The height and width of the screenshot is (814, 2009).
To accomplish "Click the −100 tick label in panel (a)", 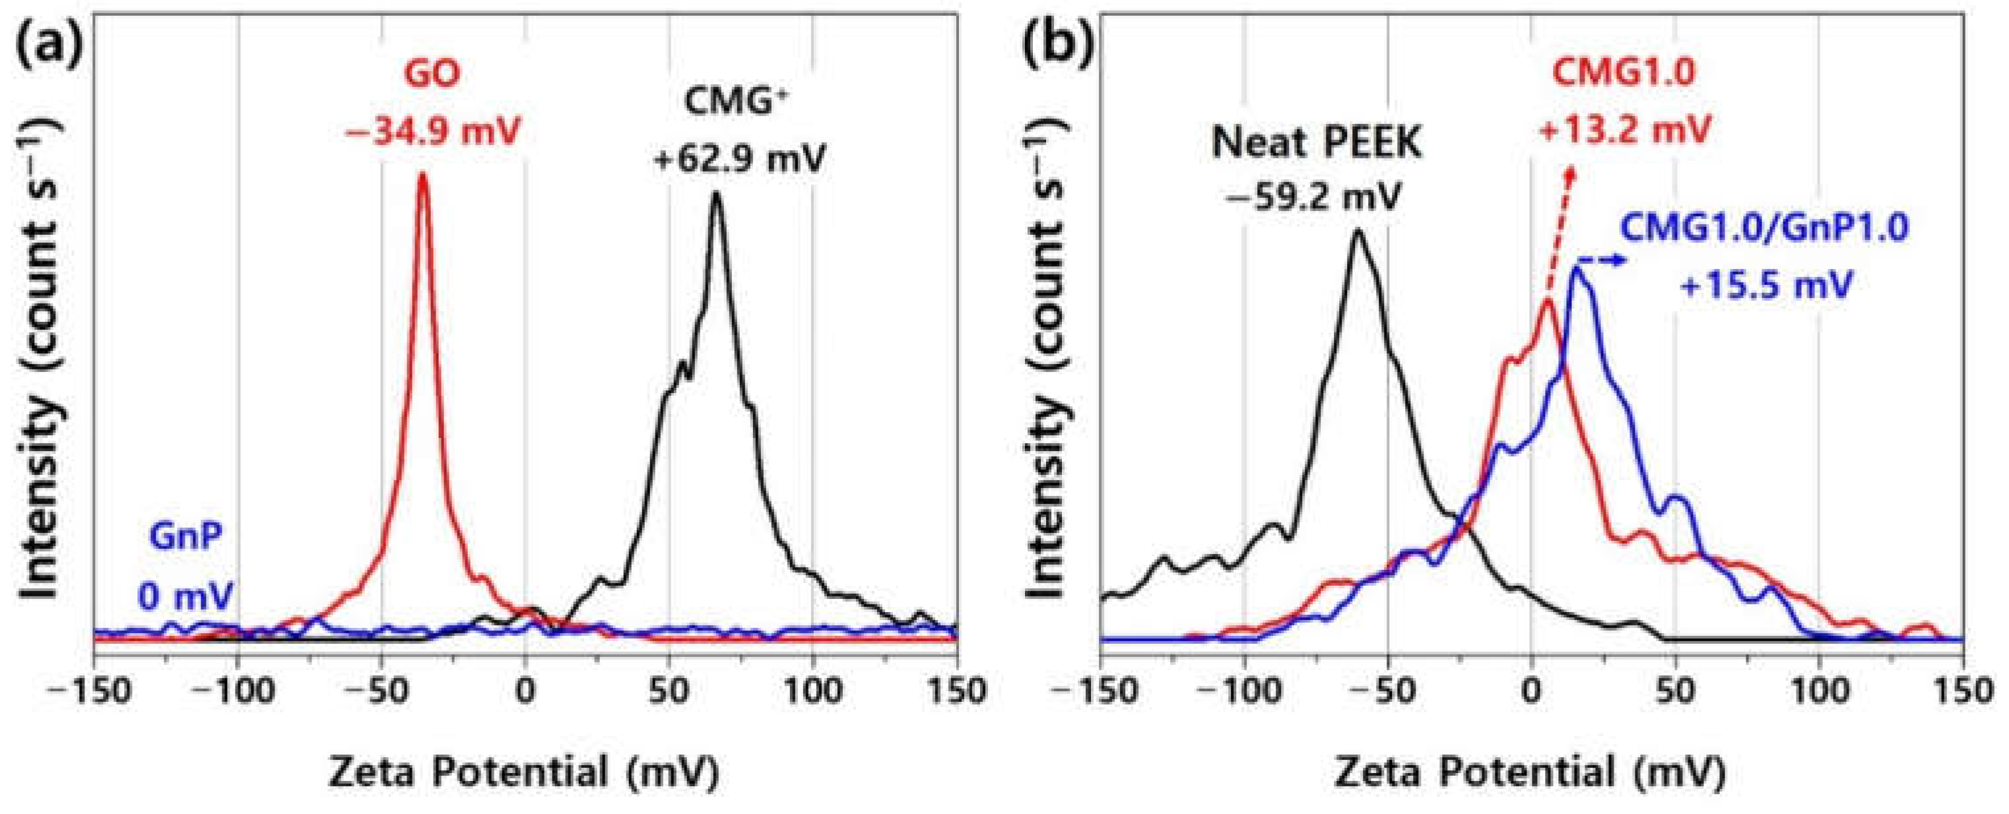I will coord(236,691).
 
